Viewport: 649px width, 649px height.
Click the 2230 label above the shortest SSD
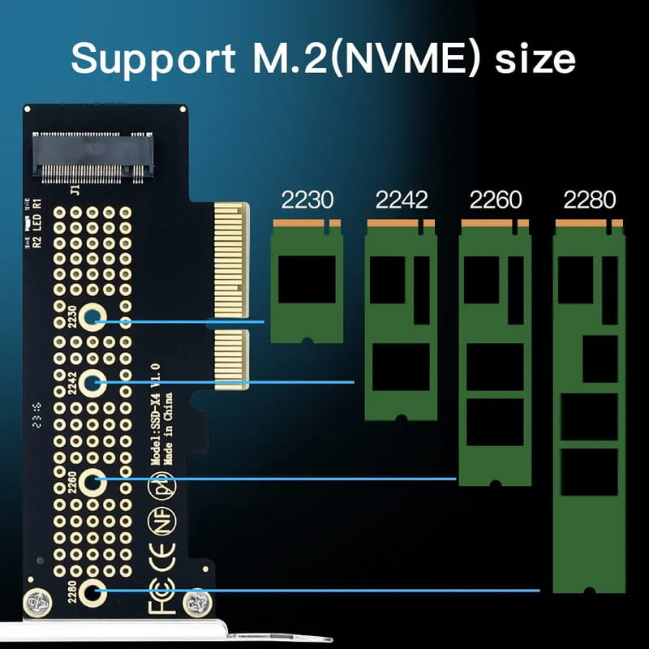point(307,200)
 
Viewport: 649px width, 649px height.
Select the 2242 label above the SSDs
point(401,200)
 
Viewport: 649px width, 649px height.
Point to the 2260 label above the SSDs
point(495,200)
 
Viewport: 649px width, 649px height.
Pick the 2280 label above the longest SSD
point(589,200)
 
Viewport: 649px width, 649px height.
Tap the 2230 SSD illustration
point(307,284)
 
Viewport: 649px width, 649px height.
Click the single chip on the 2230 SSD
point(307,279)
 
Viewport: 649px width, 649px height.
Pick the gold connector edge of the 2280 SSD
point(589,222)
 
